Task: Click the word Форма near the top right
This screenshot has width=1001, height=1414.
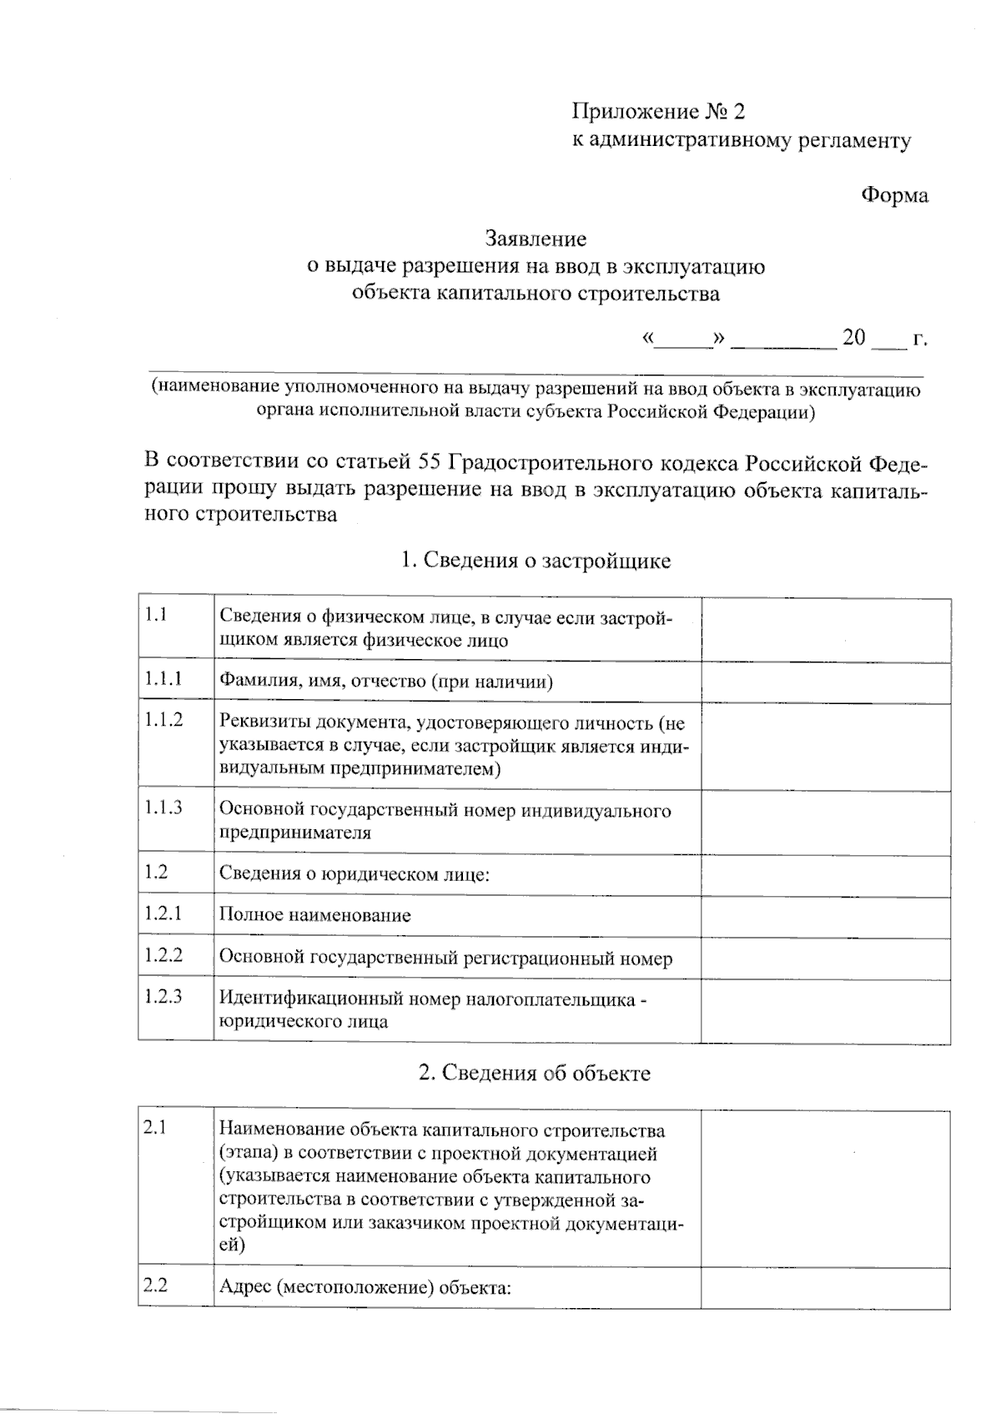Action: (x=894, y=196)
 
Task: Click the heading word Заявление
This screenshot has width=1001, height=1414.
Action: (x=536, y=240)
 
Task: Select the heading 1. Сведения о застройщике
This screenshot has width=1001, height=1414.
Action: (x=536, y=561)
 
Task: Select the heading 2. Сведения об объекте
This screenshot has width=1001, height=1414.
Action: (x=534, y=1073)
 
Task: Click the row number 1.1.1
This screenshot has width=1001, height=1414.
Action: (x=163, y=679)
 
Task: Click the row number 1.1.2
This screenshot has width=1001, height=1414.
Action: (x=163, y=720)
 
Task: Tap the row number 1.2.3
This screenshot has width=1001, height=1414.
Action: (x=163, y=996)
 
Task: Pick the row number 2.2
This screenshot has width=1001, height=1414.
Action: (x=155, y=1286)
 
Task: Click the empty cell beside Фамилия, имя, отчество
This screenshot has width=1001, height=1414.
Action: (x=825, y=682)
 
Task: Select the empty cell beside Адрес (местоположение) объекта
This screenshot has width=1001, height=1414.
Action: (x=825, y=1288)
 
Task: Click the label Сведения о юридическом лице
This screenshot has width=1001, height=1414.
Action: (x=355, y=874)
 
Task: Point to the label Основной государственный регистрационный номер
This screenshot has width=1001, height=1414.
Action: (x=445, y=959)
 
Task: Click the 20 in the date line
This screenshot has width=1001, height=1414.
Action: (x=854, y=338)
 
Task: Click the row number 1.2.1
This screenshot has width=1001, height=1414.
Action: (x=163, y=913)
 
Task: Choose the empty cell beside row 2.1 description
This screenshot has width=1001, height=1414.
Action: (x=825, y=1189)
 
